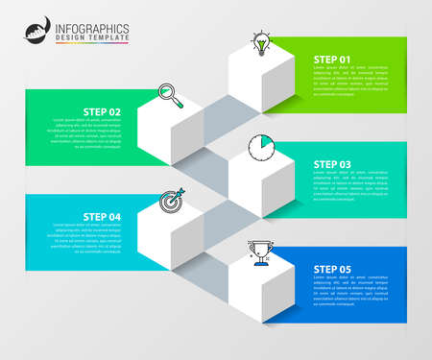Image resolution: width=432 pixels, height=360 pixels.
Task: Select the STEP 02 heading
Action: click(x=102, y=111)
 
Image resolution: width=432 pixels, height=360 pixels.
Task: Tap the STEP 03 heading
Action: click(x=332, y=164)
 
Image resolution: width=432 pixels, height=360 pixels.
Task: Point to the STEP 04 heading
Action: click(x=102, y=216)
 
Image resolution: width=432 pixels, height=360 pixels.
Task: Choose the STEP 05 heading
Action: click(x=332, y=269)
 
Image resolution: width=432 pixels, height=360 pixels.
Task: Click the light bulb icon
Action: click(x=260, y=42)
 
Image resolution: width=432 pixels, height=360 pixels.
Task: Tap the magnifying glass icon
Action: click(x=170, y=94)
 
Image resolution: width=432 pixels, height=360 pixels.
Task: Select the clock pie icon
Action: click(x=260, y=147)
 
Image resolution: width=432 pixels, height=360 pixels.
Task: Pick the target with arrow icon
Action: click(x=170, y=200)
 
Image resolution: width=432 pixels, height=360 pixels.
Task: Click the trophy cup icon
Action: click(x=260, y=252)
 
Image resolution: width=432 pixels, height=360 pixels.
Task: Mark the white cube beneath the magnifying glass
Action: click(x=170, y=134)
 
